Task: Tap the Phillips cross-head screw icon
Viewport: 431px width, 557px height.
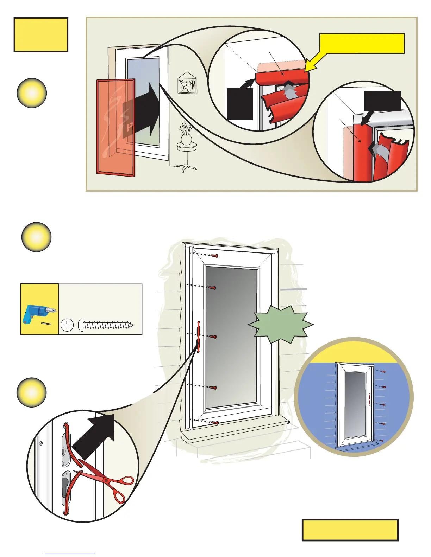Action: pyautogui.click(x=67, y=325)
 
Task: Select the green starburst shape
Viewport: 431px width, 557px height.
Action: pyautogui.click(x=281, y=325)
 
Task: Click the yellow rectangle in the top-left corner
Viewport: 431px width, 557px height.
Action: pyautogui.click(x=41, y=34)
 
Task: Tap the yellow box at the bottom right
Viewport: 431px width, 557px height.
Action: pyautogui.click(x=350, y=530)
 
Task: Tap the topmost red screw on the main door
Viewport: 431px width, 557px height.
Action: pyautogui.click(x=214, y=256)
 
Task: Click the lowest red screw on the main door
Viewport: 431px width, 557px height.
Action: pyautogui.click(x=214, y=422)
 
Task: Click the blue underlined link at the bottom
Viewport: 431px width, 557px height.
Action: pyautogui.click(x=70, y=554)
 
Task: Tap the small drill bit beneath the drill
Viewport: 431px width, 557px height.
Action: pyautogui.click(x=46, y=323)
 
